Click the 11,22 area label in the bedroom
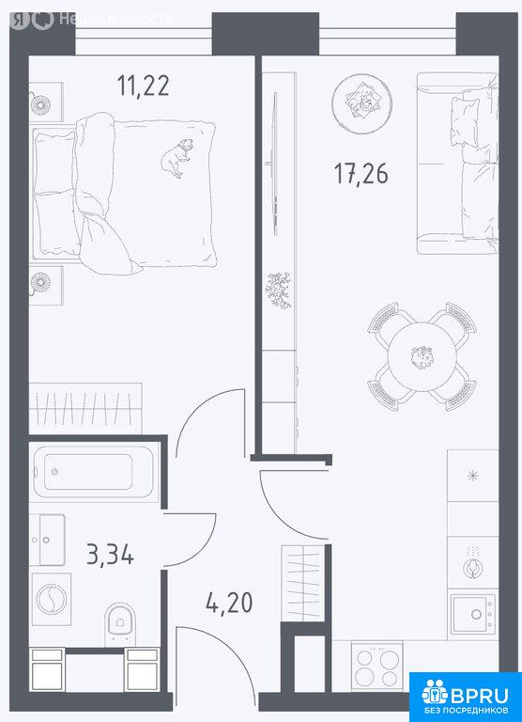[x=143, y=86]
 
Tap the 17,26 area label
[x=361, y=174]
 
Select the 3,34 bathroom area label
[x=111, y=554]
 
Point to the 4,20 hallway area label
[x=229, y=603]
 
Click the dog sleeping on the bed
[x=177, y=158]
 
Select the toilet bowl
[x=120, y=623]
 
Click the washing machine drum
[x=51, y=599]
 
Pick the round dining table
[x=422, y=356]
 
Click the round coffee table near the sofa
[x=362, y=103]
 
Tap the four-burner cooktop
[x=377, y=667]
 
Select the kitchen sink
[x=473, y=614]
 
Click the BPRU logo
[x=466, y=698]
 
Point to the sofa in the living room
[x=457, y=163]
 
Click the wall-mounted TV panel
[x=275, y=164]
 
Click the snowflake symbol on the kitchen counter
[x=473, y=475]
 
